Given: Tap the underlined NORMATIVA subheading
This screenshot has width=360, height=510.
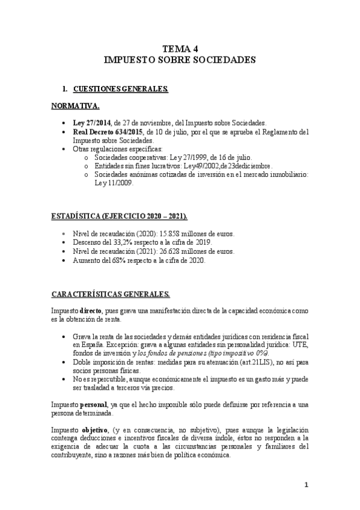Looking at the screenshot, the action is coord(75,106).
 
